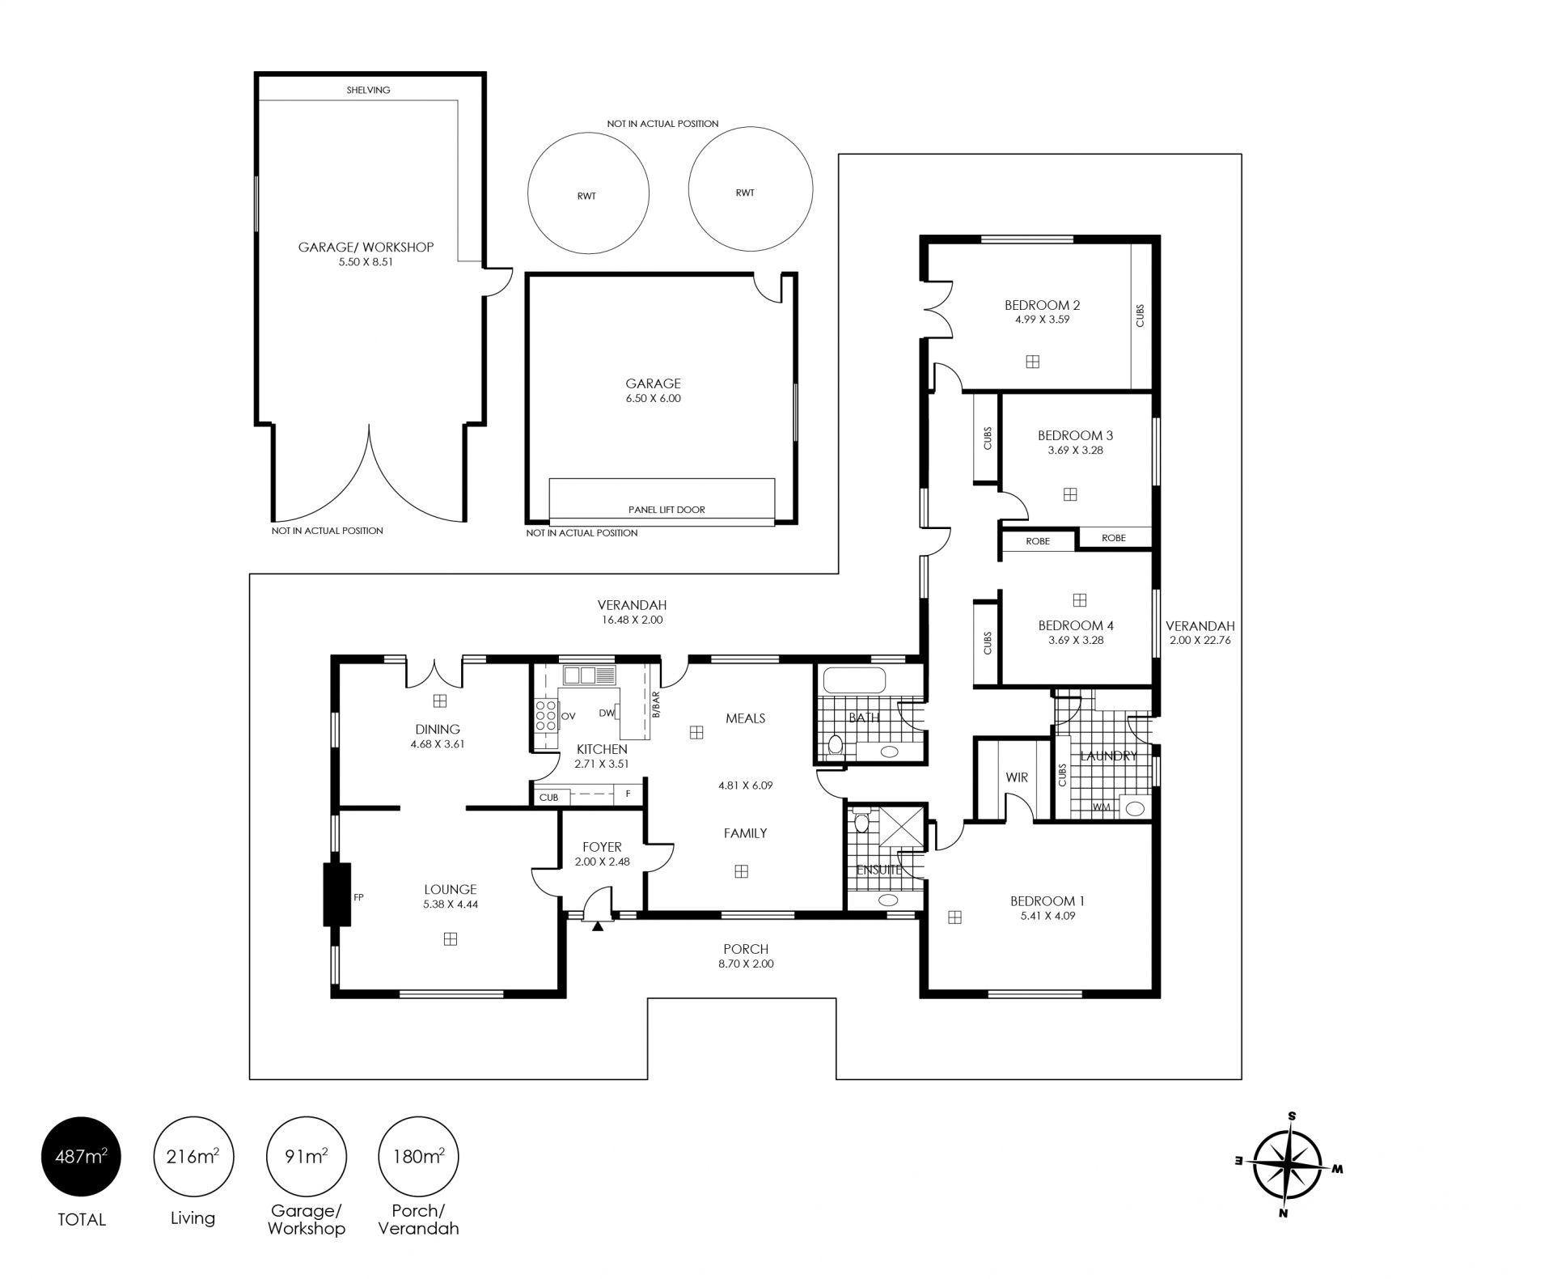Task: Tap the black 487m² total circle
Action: pyautogui.click(x=81, y=1156)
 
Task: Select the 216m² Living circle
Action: pyautogui.click(x=193, y=1156)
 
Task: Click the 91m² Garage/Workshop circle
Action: pyautogui.click(x=306, y=1156)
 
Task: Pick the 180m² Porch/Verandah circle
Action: pyautogui.click(x=418, y=1156)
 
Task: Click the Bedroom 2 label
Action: pyautogui.click(x=1042, y=305)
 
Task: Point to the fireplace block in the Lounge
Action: pyautogui.click(x=337, y=894)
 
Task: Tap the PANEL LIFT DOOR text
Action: pyautogui.click(x=666, y=510)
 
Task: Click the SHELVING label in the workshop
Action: pyautogui.click(x=368, y=90)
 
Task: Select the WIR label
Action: pyautogui.click(x=1017, y=777)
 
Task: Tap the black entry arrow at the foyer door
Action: pyautogui.click(x=598, y=927)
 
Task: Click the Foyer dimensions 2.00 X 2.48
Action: pyautogui.click(x=602, y=862)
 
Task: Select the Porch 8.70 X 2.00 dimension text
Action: pyautogui.click(x=746, y=963)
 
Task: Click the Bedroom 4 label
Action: pyautogui.click(x=1076, y=625)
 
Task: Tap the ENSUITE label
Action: pyautogui.click(x=879, y=870)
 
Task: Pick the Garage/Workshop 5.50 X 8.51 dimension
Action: pyautogui.click(x=366, y=262)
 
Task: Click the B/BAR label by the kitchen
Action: pyautogui.click(x=656, y=704)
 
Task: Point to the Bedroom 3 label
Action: pyautogui.click(x=1076, y=435)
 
